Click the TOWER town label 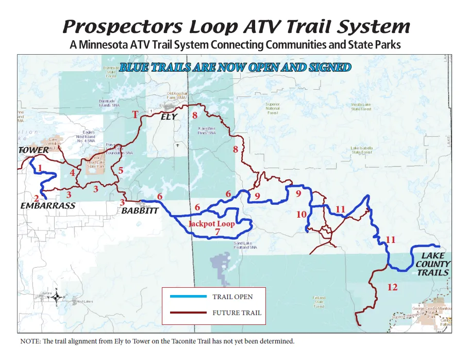click(34, 150)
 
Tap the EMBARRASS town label click(47, 205)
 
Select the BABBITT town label click(140, 211)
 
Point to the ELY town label click(169, 117)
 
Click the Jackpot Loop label click(211, 224)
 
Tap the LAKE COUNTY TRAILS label click(432, 264)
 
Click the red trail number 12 click(393, 287)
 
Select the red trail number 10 click(302, 214)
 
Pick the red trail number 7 click(218, 233)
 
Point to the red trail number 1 click(39, 168)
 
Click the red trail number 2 click(36, 198)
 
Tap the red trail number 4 click(73, 173)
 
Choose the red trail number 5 click(121, 170)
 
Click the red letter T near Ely click(136, 114)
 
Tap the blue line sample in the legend click(188, 297)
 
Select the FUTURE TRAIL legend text click(237, 313)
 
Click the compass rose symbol click(58, 297)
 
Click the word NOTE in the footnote click(29, 341)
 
